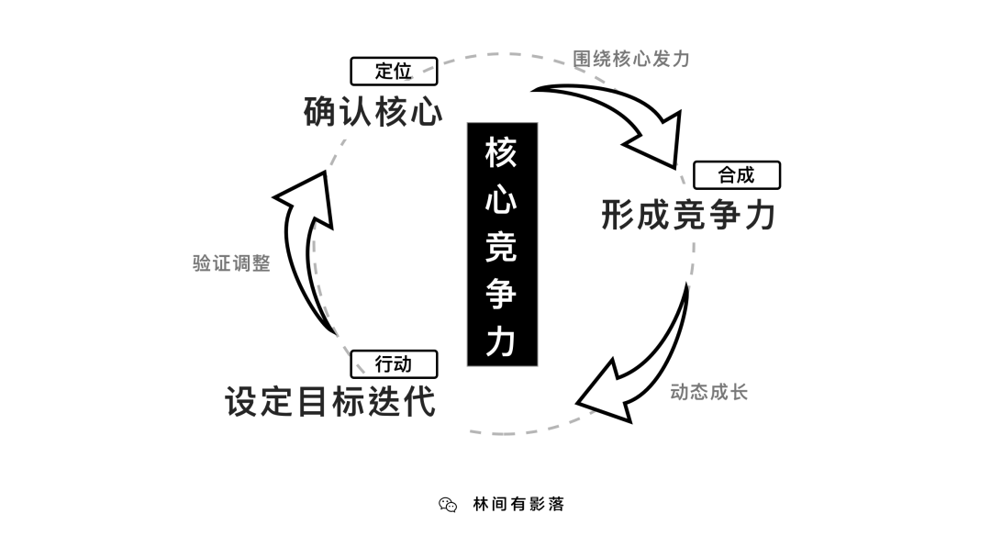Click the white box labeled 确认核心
pyautogui.click(x=357, y=110)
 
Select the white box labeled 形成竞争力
pyautogui.click(x=701, y=214)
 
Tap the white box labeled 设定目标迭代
pyautogui.click(x=339, y=404)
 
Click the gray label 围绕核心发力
pyautogui.click(x=630, y=59)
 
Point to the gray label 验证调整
pyautogui.click(x=231, y=262)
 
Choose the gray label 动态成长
pyautogui.click(x=709, y=393)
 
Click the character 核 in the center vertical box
pyautogui.click(x=501, y=153)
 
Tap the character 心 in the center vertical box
pyautogui.click(x=501, y=200)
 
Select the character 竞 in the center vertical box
pyautogui.click(x=501, y=247)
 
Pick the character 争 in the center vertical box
pyautogui.click(x=501, y=294)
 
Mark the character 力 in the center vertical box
pyautogui.click(x=501, y=340)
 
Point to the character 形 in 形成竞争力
pyautogui.click(x=618, y=215)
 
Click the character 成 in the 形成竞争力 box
pyautogui.click(x=653, y=215)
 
